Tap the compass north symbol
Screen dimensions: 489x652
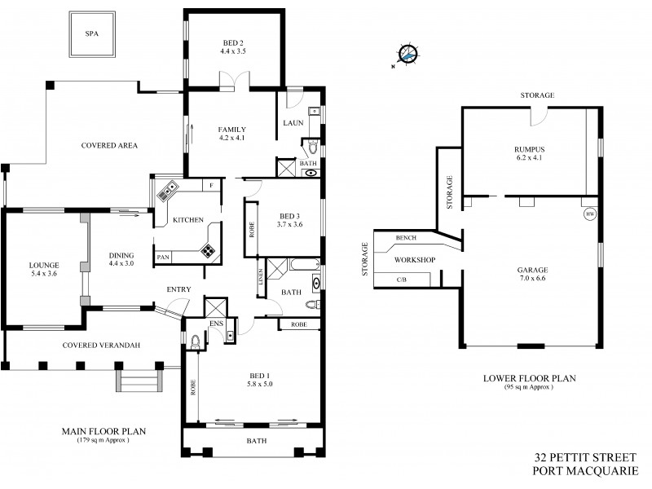point(409,55)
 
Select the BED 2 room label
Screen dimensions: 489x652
point(233,46)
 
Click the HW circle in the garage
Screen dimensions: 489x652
point(590,215)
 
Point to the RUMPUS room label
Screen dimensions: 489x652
point(529,152)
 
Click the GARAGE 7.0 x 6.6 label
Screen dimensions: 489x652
point(531,274)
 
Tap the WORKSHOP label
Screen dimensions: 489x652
point(414,260)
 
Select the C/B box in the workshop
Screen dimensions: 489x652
point(401,280)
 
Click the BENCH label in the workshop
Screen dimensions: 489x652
point(406,239)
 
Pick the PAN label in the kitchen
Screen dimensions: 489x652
point(163,257)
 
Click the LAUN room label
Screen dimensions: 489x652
point(293,123)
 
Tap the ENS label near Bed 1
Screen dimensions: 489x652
point(216,324)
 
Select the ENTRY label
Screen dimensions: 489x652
point(178,289)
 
